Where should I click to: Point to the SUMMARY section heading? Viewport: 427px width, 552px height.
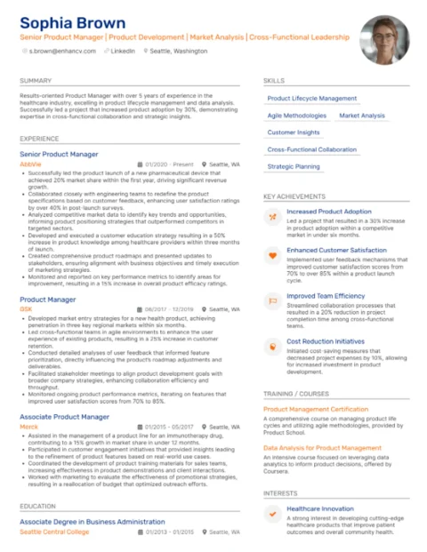coord(36,81)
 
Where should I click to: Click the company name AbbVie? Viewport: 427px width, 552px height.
coord(30,164)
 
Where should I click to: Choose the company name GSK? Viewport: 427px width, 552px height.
coord(26,309)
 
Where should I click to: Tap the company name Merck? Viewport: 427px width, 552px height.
coord(28,426)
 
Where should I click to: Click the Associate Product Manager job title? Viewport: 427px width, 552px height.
coord(64,416)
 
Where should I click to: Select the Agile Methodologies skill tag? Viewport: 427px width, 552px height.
coord(297,116)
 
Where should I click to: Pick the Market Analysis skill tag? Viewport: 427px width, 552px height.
coord(362,116)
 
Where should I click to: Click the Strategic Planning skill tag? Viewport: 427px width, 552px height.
coord(294,166)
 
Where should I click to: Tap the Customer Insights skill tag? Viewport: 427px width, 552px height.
coord(294,132)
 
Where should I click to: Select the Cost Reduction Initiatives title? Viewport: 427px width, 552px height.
coord(326,340)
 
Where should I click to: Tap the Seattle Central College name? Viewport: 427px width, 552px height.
coord(54,532)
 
